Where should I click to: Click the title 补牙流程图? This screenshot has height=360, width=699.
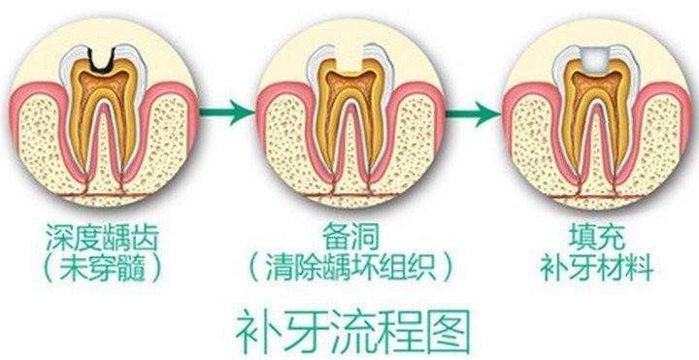pos(350,330)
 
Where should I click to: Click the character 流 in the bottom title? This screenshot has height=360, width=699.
pos(350,330)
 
